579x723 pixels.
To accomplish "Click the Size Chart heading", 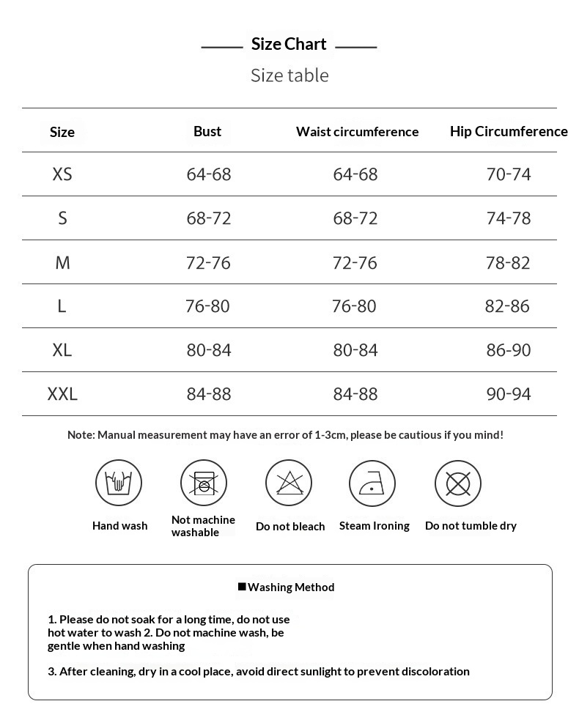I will click(289, 45).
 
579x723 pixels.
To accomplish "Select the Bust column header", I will click(207, 131).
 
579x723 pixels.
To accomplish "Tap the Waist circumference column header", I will click(357, 132).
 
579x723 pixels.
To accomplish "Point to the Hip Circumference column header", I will click(509, 131).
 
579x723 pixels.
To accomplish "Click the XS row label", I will click(62, 174).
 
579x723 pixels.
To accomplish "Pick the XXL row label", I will click(62, 394).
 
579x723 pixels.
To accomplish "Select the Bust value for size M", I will click(208, 262).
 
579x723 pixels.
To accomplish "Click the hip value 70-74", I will click(509, 174).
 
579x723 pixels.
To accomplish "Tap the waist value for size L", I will click(354, 306).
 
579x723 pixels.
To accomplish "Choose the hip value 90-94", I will click(509, 394).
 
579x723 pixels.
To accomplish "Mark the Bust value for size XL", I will click(209, 350).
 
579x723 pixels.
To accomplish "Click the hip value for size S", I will click(509, 218).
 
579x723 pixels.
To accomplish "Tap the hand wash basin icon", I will click(119, 483).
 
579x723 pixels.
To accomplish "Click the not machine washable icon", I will click(204, 483).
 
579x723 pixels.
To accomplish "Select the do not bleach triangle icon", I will click(289, 483).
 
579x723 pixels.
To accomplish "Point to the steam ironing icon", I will click(372, 483).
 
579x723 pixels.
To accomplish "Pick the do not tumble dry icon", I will click(458, 483).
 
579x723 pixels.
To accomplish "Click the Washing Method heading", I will click(291, 587).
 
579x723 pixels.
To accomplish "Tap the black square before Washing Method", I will click(242, 586).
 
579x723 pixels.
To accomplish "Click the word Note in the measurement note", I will click(80, 435).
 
